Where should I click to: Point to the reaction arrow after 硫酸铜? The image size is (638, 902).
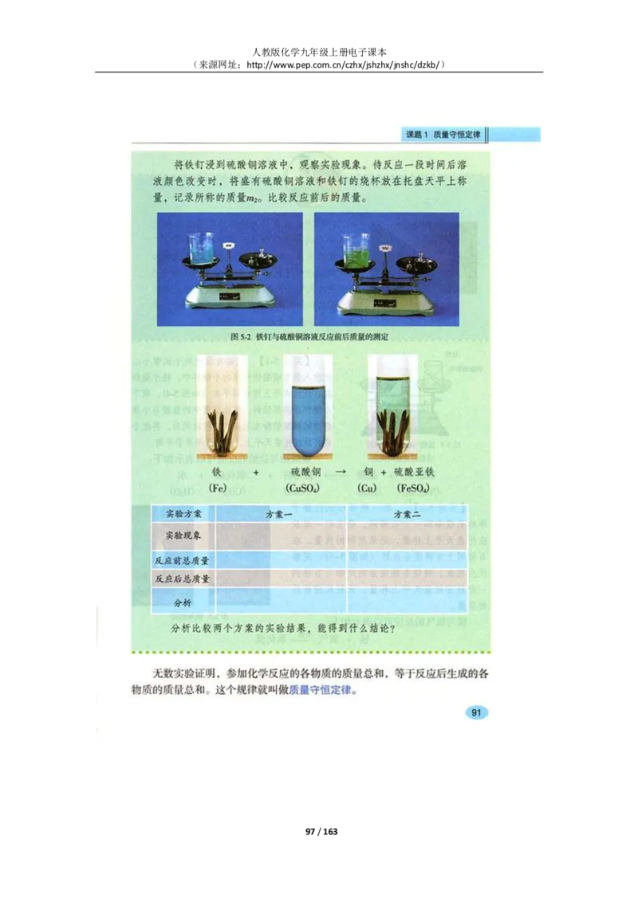point(341,472)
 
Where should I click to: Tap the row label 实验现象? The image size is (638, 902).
point(183,535)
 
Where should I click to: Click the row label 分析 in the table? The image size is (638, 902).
point(183,602)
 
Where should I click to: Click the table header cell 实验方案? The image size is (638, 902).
point(183,515)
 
